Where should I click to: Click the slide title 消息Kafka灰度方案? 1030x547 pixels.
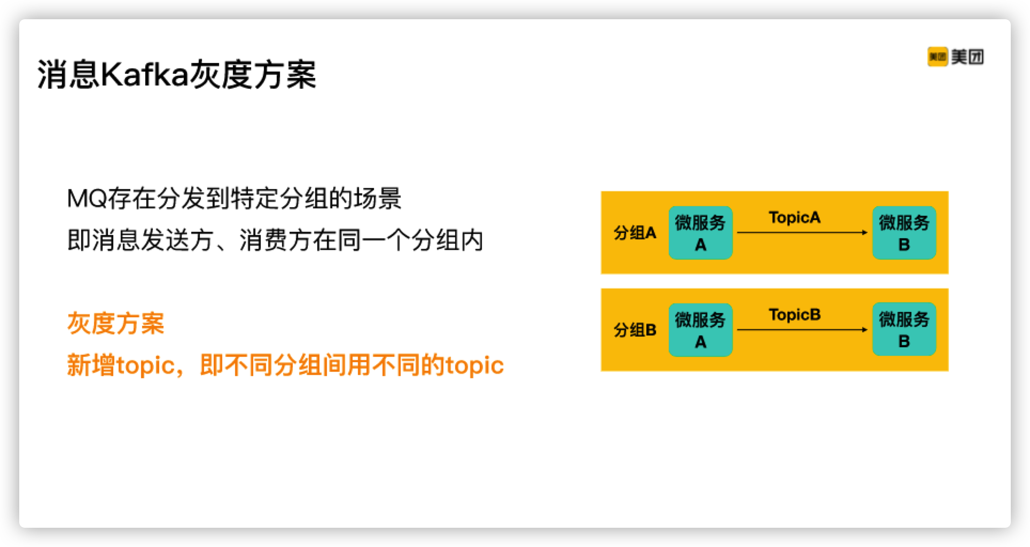(x=177, y=74)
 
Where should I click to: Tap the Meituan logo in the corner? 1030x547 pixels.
(x=955, y=57)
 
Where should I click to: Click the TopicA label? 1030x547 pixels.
(x=794, y=217)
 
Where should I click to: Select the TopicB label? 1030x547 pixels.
(x=794, y=315)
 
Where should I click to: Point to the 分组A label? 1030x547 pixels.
(x=635, y=233)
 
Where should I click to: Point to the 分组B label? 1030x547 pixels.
(x=635, y=330)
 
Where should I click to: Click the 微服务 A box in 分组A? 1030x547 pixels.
(x=700, y=233)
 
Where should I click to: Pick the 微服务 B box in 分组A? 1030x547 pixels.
(x=904, y=233)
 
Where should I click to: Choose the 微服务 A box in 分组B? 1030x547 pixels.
(x=700, y=330)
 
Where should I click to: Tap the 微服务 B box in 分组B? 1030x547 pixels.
(x=904, y=330)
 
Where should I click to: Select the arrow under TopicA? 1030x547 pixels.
(x=802, y=232)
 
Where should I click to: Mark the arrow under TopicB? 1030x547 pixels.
(x=802, y=330)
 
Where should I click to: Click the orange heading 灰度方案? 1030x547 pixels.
(x=115, y=323)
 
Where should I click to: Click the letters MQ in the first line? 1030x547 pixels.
(x=87, y=199)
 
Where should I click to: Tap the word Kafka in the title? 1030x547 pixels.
(x=145, y=74)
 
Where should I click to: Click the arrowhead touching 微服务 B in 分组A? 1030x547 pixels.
(x=865, y=232)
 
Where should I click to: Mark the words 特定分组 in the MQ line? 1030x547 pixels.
(x=279, y=199)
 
